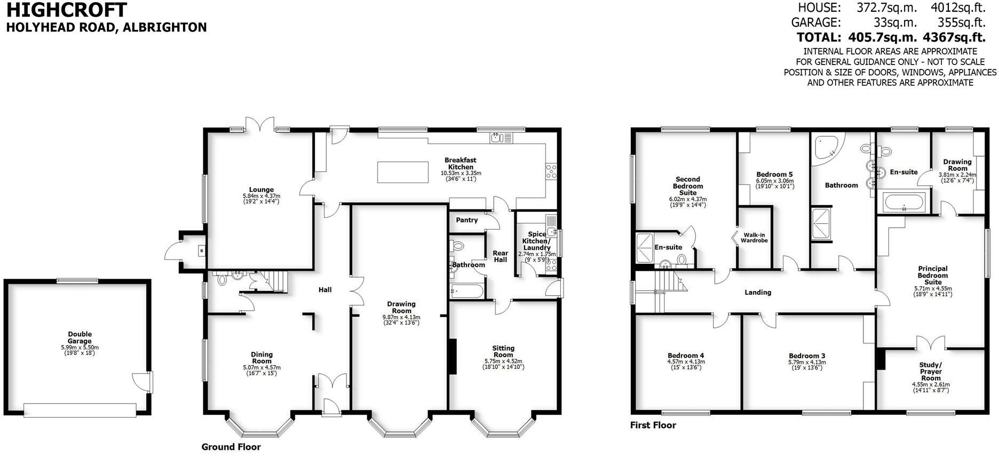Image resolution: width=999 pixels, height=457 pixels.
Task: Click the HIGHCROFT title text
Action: pyautogui.click(x=67, y=10)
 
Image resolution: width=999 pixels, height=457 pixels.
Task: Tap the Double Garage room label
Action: pyautogui.click(x=80, y=338)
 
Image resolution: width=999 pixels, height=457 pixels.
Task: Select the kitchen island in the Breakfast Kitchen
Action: pyautogui.click(x=403, y=172)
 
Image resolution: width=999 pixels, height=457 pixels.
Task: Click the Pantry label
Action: pyautogui.click(x=467, y=220)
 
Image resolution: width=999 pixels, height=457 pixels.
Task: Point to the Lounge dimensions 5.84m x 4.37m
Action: pyautogui.click(x=261, y=196)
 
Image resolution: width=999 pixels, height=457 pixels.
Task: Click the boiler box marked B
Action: pyautogui.click(x=202, y=250)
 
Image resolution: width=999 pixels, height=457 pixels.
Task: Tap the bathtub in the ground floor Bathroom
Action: pyautogui.click(x=466, y=291)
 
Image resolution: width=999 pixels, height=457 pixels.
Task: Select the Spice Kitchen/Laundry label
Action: pyautogui.click(x=537, y=241)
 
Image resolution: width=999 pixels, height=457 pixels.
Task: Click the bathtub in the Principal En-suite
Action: pyautogui.click(x=903, y=203)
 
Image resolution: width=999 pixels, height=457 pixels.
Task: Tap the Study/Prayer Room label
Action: pyautogui.click(x=931, y=372)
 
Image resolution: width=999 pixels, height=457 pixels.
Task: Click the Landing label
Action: pyautogui.click(x=758, y=292)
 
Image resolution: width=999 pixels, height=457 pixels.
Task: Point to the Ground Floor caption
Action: pyautogui.click(x=231, y=447)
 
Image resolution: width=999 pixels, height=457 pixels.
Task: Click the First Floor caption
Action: pyautogui.click(x=653, y=426)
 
